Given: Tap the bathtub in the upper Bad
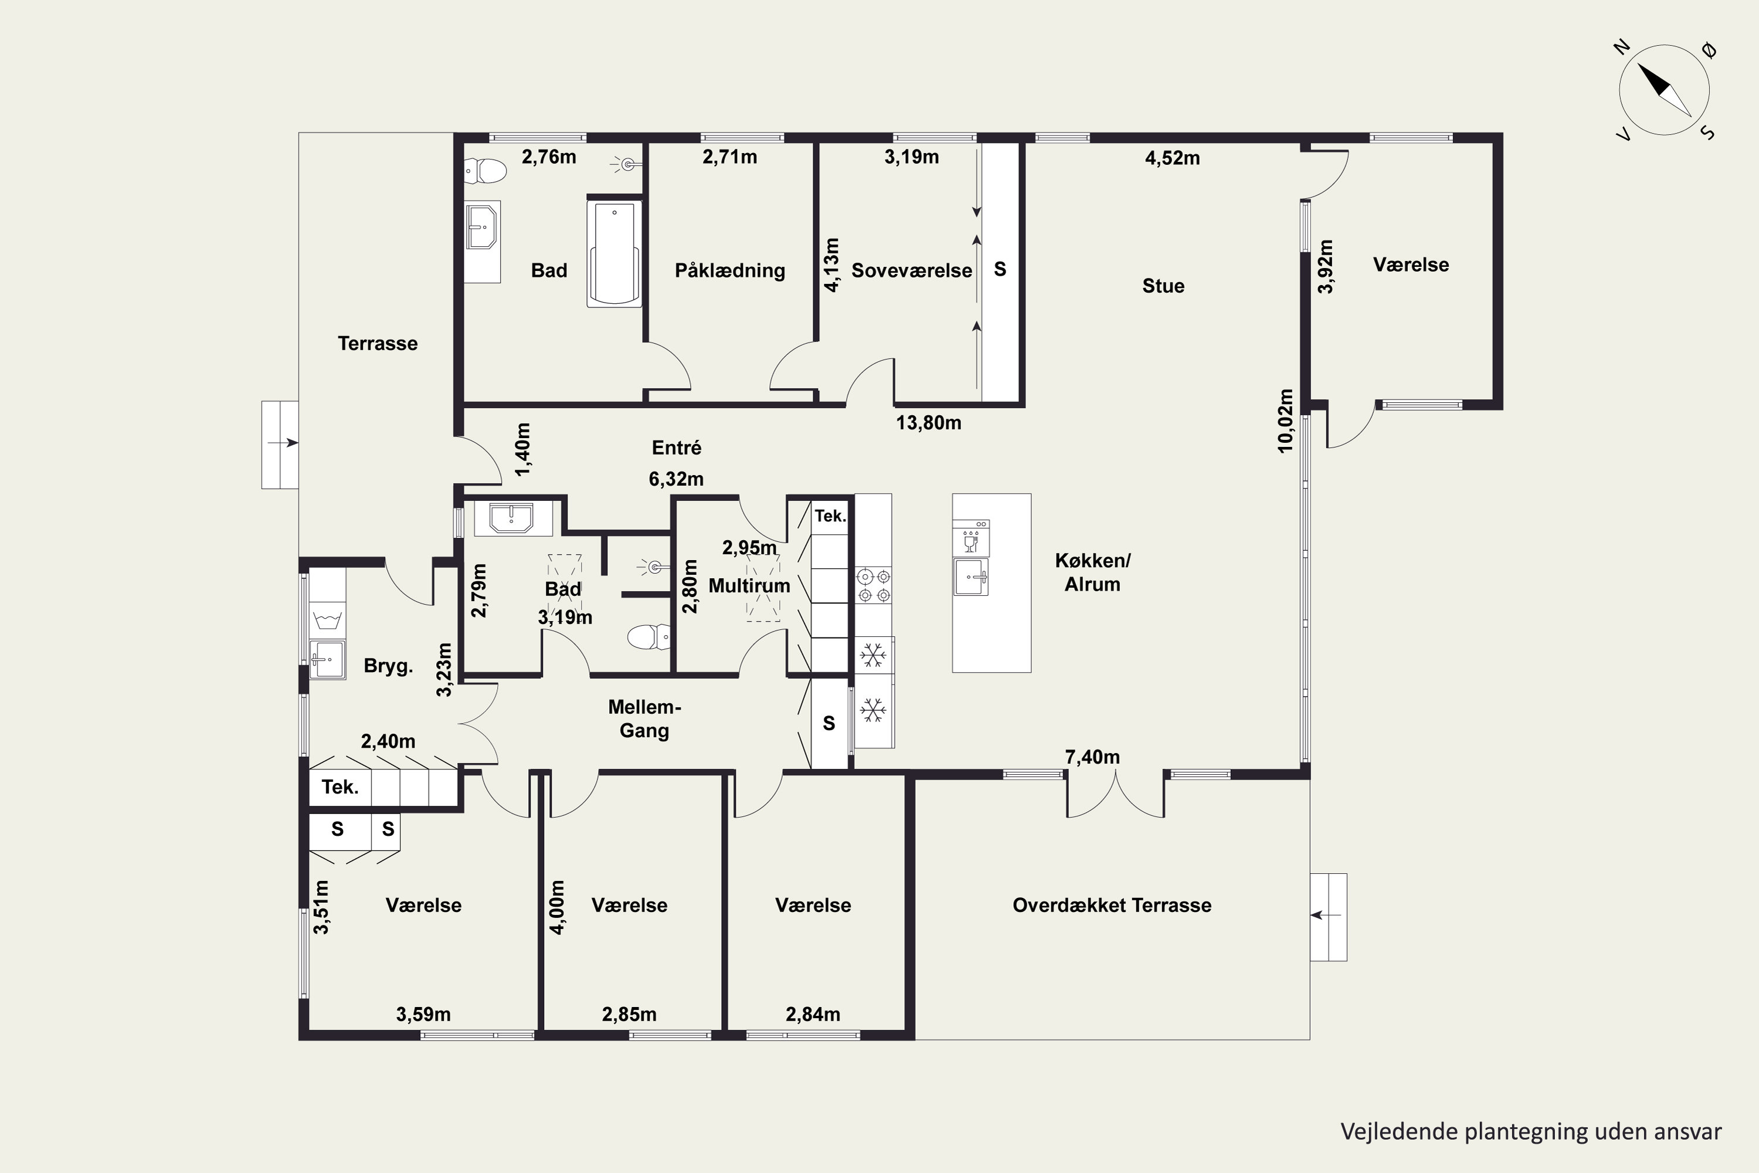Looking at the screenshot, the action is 614,253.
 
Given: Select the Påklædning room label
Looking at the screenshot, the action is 730,271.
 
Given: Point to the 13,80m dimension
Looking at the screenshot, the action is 929,423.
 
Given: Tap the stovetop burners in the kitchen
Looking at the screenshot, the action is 874,586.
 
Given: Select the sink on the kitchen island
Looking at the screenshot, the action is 971,577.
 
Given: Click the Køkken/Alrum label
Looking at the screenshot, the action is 1093,572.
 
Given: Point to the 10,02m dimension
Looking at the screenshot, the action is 1285,421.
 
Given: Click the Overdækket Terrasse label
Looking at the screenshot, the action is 1112,905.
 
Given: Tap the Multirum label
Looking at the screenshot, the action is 749,586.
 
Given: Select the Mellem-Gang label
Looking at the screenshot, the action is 644,719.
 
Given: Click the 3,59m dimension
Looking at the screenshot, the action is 423,1015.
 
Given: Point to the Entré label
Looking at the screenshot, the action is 677,447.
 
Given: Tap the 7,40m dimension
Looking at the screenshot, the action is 1093,757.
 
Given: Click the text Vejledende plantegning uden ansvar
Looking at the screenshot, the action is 1531,1131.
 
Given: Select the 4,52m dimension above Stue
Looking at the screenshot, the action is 1173,158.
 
